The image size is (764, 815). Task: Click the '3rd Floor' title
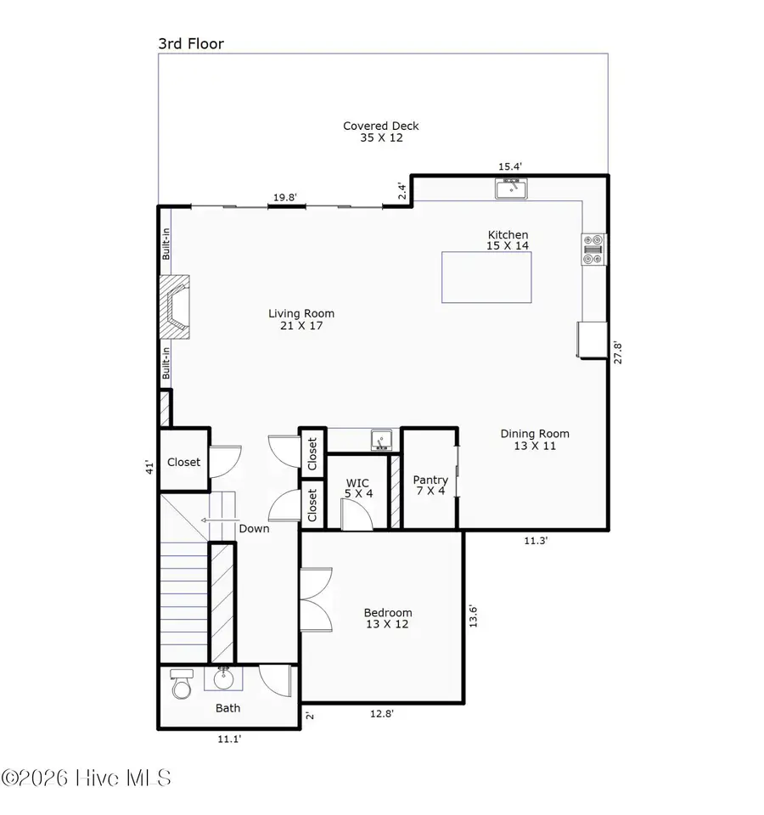coord(191,43)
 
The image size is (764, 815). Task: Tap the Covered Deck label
coord(380,132)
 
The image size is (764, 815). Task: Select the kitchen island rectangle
coord(486,277)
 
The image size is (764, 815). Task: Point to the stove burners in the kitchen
coord(593,249)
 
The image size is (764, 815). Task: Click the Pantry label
coord(430,486)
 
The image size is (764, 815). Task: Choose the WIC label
coord(358,487)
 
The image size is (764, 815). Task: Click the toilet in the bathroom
coord(182,683)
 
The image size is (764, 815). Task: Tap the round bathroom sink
coord(224,679)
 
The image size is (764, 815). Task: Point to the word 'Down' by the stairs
coord(254,528)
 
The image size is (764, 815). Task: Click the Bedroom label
coord(388,618)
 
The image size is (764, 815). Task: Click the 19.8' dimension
coord(284,198)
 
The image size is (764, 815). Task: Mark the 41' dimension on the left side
coord(149,465)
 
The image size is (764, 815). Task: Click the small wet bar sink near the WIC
coord(381,440)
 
